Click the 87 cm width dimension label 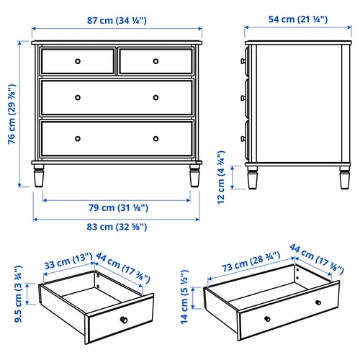pyautogui.click(x=117, y=21)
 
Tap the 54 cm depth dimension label pyautogui.click(x=298, y=19)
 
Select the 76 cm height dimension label pyautogui.click(x=12, y=114)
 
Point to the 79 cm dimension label pyautogui.click(x=118, y=208)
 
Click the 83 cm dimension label pyautogui.click(x=117, y=227)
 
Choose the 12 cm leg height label pyautogui.click(x=221, y=177)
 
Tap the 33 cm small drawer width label pyautogui.click(x=68, y=261)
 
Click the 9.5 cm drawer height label pyautogui.click(x=18, y=294)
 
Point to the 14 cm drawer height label pyautogui.click(x=184, y=297)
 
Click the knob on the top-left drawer pyautogui.click(x=78, y=61)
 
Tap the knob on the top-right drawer pyautogui.click(x=156, y=61)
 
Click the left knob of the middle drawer pyautogui.click(x=78, y=98)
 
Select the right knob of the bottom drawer pyautogui.click(x=156, y=139)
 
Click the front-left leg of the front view pyautogui.click(x=39, y=176)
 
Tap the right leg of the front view pyautogui.click(x=194, y=176)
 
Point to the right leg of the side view pyautogui.click(x=345, y=177)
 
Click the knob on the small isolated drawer pyautogui.click(x=124, y=320)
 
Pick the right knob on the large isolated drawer pyautogui.click(x=318, y=302)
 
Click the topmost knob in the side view pyautogui.click(x=243, y=61)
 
